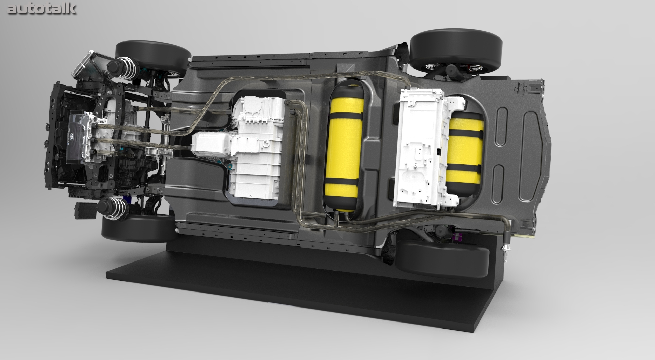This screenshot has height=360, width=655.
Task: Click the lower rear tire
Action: pos(443,259)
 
